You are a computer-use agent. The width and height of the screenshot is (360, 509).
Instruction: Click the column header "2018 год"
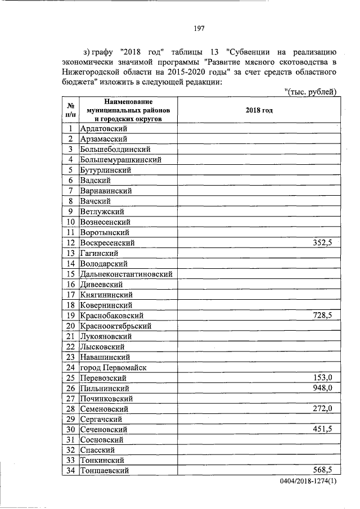(x=259, y=111)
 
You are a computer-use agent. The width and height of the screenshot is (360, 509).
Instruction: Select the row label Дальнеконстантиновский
(x=126, y=274)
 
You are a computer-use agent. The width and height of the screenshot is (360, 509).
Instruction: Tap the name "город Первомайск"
(x=113, y=367)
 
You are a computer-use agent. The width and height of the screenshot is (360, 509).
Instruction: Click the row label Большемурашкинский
(x=121, y=159)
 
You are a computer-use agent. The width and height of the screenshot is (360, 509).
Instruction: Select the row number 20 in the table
(x=71, y=326)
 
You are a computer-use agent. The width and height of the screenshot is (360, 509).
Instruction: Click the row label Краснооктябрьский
(x=116, y=326)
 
